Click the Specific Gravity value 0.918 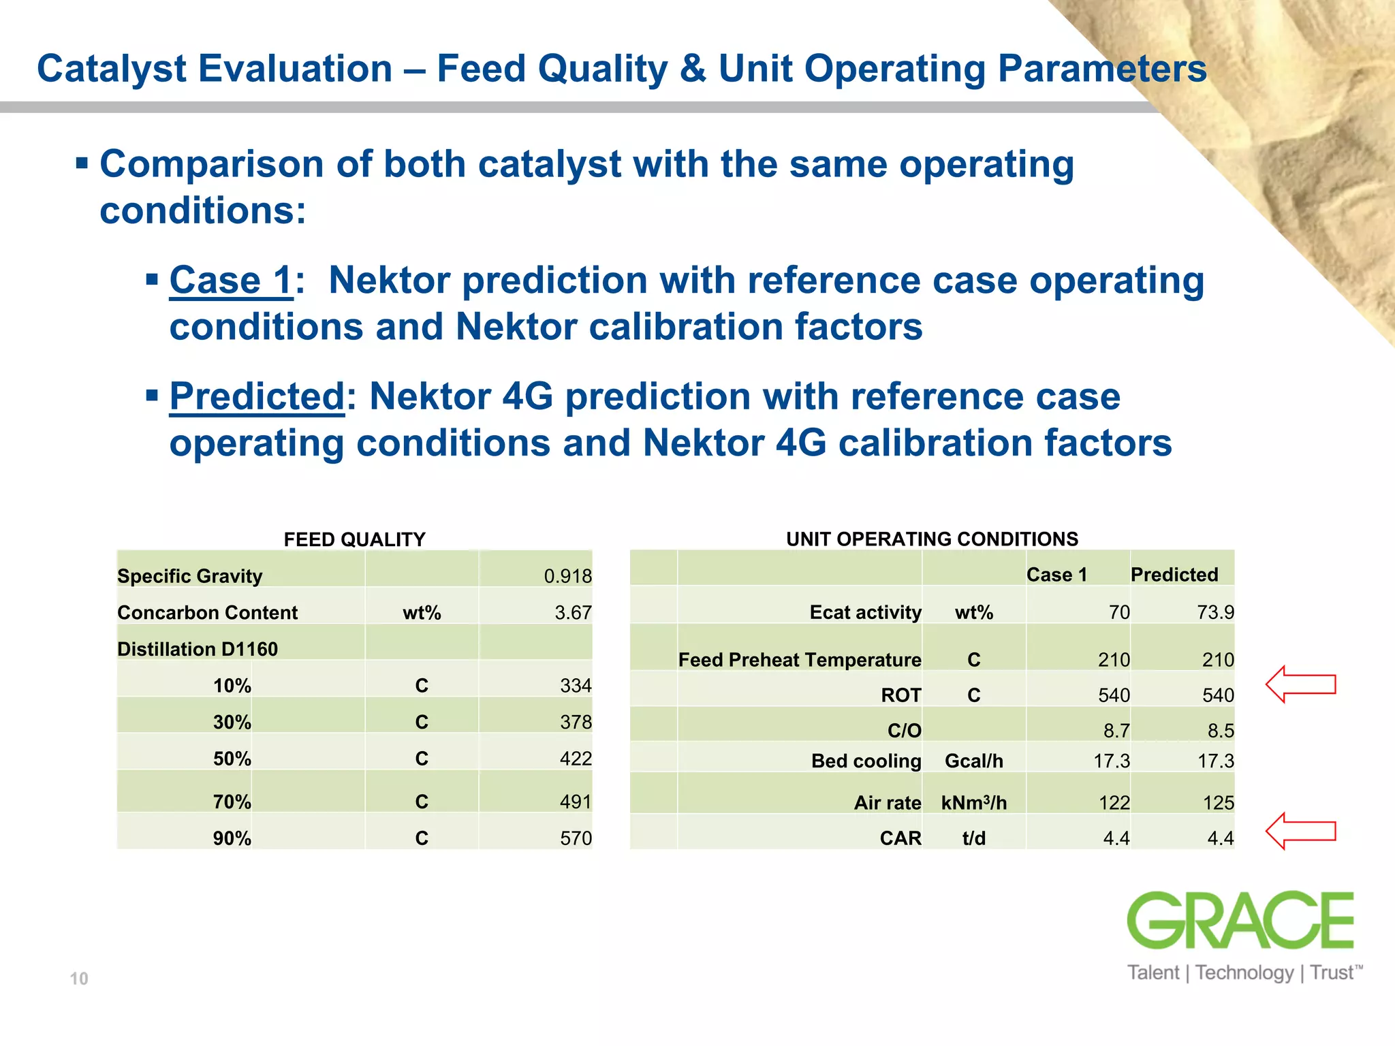pos(567,576)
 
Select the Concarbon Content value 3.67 pos(572,613)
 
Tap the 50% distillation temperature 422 pos(575,759)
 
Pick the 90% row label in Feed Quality pos(232,838)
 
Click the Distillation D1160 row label pos(198,649)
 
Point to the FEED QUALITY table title pos(354,539)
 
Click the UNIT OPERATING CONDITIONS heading pos(932,539)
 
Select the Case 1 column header pos(1056,575)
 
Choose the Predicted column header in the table pos(1174,575)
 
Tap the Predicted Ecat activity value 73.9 pos(1215,612)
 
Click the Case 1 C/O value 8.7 pos(1116,731)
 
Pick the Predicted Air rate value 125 pos(1218,803)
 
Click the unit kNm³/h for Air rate pos(973,803)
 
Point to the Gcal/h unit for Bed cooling pos(973,761)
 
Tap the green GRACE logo pos(1240,920)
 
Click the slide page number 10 pos(79,979)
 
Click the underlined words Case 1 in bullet pos(231,281)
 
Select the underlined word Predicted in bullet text pos(257,396)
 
